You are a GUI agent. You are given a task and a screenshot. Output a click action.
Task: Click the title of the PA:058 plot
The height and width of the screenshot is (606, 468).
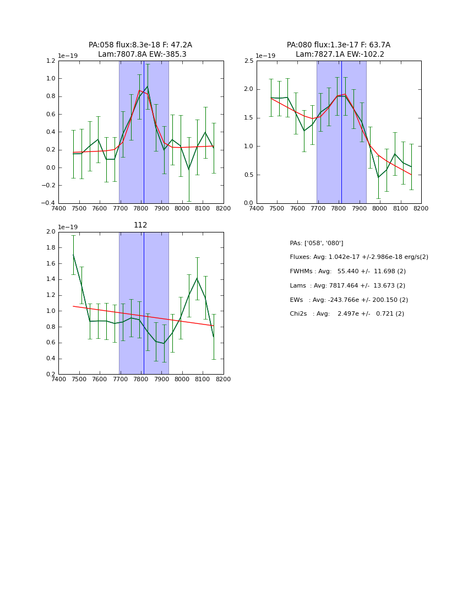(140, 50)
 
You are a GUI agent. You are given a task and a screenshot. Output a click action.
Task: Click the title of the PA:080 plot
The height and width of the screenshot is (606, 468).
(339, 50)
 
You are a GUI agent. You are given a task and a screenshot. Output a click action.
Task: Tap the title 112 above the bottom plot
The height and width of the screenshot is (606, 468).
(140, 225)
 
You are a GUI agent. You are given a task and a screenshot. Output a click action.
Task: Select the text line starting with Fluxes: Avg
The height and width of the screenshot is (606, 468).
(359, 257)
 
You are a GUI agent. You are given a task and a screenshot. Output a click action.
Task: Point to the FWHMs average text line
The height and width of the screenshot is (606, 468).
(348, 272)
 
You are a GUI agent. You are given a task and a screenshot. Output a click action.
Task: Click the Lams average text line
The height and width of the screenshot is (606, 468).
(347, 286)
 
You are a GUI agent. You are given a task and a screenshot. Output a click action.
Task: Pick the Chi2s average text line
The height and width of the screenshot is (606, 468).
(347, 314)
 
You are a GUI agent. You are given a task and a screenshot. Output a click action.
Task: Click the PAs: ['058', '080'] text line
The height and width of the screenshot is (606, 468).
(317, 243)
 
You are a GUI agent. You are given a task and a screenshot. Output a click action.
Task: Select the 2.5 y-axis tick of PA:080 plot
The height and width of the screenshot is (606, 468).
(248, 61)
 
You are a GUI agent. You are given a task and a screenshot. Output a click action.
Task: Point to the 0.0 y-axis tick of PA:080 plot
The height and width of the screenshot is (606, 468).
(248, 203)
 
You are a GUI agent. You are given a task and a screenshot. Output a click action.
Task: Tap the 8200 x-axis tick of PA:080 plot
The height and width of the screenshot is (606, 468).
(421, 209)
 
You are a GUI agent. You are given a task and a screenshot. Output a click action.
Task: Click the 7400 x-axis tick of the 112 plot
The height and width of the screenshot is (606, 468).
(58, 380)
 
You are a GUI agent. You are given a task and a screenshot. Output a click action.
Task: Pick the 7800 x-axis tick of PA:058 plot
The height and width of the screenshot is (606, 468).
(141, 209)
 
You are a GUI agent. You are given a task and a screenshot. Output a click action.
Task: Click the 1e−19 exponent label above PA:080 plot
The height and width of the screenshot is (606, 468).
(265, 56)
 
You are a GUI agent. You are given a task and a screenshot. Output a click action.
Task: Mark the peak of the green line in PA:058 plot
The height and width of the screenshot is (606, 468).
(147, 86)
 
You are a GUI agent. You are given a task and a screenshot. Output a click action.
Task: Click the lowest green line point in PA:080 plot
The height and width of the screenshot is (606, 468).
(378, 177)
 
